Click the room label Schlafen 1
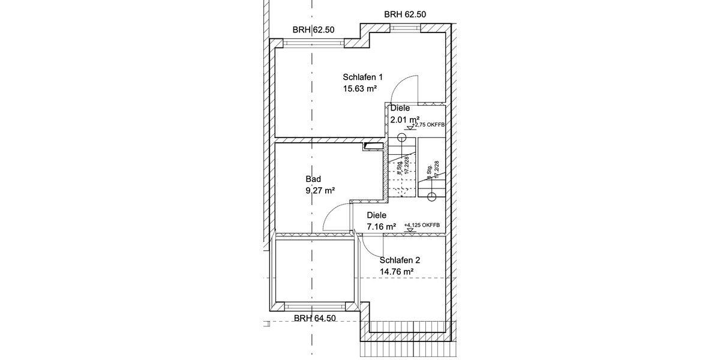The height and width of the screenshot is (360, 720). [362, 77]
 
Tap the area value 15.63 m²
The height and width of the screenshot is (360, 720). [359, 89]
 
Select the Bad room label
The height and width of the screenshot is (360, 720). [313, 179]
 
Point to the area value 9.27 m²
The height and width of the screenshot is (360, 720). [320, 191]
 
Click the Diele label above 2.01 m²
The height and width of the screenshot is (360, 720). [400, 109]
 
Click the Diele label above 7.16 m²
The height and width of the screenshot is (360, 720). [376, 215]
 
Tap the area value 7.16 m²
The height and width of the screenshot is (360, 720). [381, 227]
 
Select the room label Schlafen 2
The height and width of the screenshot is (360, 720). [400, 260]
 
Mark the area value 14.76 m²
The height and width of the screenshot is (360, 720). [397, 272]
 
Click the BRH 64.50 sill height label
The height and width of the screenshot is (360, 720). [314, 319]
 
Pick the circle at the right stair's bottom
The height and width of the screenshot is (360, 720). [431, 196]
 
